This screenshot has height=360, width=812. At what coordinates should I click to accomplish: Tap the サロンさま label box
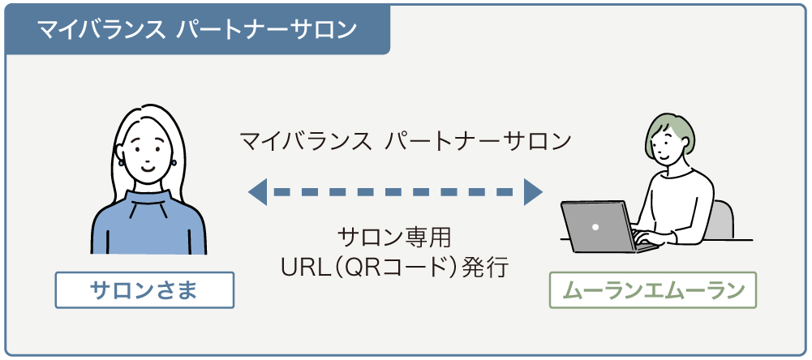(144, 290)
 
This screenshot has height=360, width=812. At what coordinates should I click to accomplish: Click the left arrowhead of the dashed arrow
(258, 192)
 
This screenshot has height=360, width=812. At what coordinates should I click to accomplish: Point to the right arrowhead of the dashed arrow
(533, 192)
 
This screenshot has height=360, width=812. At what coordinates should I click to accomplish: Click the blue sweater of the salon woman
(146, 231)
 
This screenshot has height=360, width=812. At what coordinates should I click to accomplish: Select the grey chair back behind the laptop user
(724, 217)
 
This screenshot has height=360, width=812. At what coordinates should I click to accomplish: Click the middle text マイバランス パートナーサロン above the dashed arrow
(406, 141)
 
